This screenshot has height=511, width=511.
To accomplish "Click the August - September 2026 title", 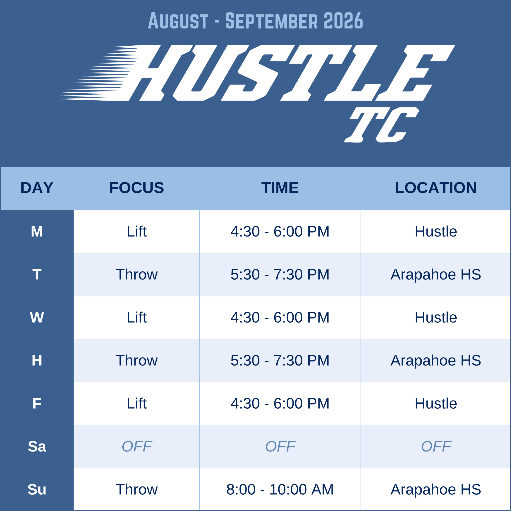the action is pyautogui.click(x=255, y=20).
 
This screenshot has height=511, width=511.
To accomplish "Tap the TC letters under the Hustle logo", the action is pyautogui.click(x=381, y=125).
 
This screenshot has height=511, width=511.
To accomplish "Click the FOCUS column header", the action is pyautogui.click(x=137, y=188).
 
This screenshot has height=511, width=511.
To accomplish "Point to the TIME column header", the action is pyautogui.click(x=280, y=188).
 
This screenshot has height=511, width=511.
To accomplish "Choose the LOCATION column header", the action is pyautogui.click(x=436, y=188).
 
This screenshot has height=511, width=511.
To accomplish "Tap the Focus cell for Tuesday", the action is pyautogui.click(x=137, y=274).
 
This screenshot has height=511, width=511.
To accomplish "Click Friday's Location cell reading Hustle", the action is pyautogui.click(x=436, y=403).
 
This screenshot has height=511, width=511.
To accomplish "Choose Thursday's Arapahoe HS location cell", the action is pyautogui.click(x=436, y=360).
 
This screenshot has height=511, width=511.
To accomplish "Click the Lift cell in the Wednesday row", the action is pyautogui.click(x=137, y=317).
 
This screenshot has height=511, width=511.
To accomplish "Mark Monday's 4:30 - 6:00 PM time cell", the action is pyautogui.click(x=280, y=231).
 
